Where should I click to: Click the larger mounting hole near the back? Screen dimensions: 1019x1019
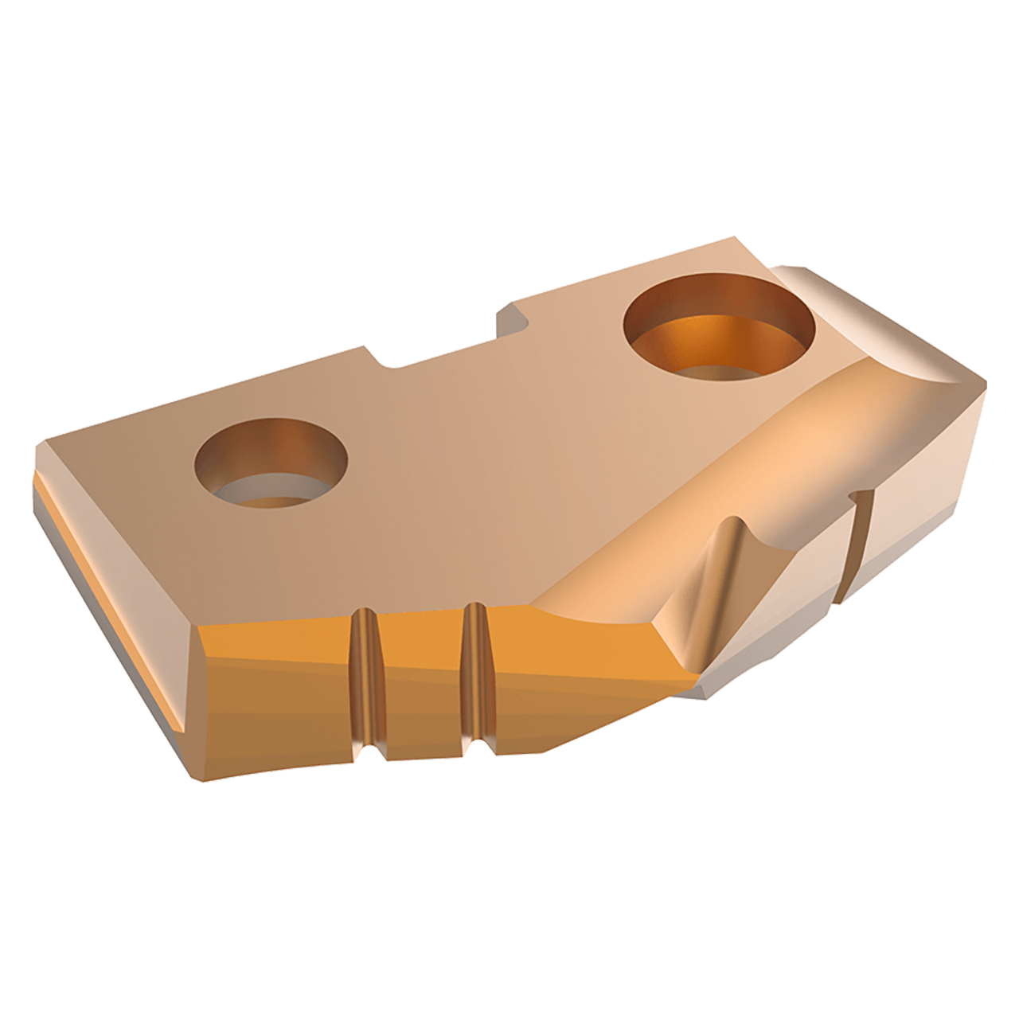tap(719, 326)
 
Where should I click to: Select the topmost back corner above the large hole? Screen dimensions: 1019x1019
tap(733, 238)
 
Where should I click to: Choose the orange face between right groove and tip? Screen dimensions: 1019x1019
tap(573, 669)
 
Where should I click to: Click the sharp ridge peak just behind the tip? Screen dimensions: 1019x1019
tap(732, 521)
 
